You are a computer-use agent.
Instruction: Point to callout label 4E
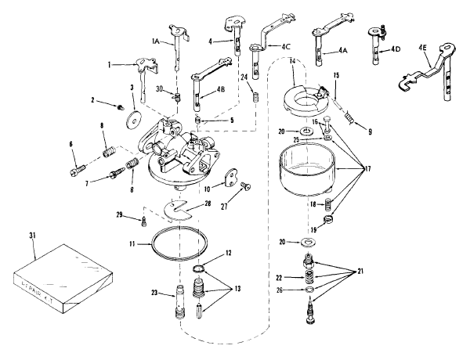[423, 48]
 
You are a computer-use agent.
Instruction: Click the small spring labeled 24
[254, 95]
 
